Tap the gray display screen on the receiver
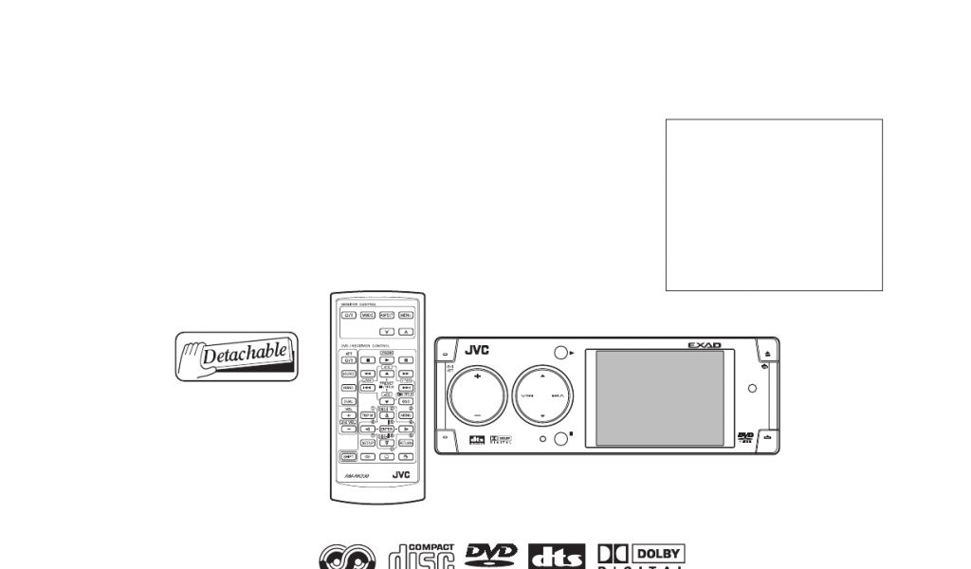659,398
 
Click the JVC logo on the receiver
476,349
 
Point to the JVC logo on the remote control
401,474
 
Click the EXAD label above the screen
705,345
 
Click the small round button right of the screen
752,388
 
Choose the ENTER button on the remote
387,429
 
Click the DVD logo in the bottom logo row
490,555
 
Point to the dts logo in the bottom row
557,558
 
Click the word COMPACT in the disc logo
435,547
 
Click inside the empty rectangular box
774,204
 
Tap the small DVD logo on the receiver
745,436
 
